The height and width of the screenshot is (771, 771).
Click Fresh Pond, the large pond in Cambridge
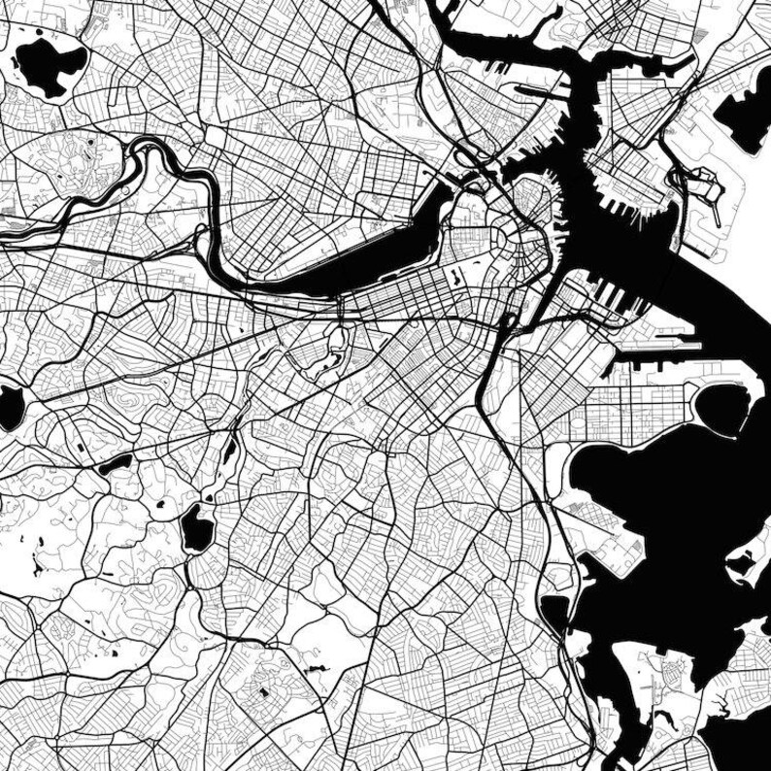pos(49,63)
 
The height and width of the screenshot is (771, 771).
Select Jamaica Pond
pos(197,527)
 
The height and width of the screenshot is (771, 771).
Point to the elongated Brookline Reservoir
pos(115,464)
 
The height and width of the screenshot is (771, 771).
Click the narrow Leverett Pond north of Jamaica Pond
pos(230,449)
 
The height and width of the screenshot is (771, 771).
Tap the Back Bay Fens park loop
pos(335,345)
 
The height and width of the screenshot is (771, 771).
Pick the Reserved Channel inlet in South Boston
pos(651,345)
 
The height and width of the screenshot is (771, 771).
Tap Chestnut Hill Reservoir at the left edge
pos(10,408)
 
